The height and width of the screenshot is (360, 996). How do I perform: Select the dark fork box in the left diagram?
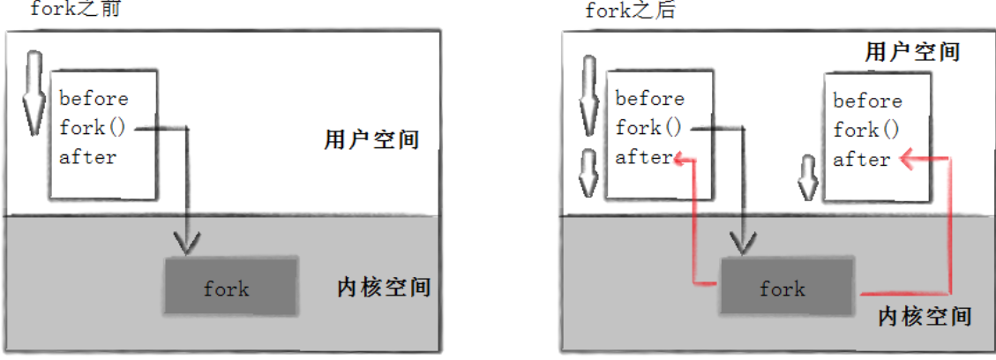229,287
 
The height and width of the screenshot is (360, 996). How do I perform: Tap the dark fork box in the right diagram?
786,288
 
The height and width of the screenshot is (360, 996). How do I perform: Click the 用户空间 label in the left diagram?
371,140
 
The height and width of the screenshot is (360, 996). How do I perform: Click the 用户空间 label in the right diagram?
912,52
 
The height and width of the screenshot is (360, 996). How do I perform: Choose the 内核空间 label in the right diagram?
925,316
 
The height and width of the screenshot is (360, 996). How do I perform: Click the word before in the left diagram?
94,98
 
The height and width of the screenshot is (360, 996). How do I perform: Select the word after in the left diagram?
87,157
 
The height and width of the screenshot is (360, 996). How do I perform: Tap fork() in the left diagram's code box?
94,127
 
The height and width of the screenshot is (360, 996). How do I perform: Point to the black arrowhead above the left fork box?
187,239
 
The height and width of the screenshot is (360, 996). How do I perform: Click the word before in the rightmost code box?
867,101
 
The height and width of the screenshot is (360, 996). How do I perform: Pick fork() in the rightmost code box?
866,131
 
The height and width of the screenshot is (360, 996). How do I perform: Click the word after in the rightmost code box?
861,160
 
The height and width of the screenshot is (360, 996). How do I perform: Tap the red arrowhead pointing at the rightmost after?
907,160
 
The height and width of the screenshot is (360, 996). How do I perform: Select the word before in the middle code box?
649,98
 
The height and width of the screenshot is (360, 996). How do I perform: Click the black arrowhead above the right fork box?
742,239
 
